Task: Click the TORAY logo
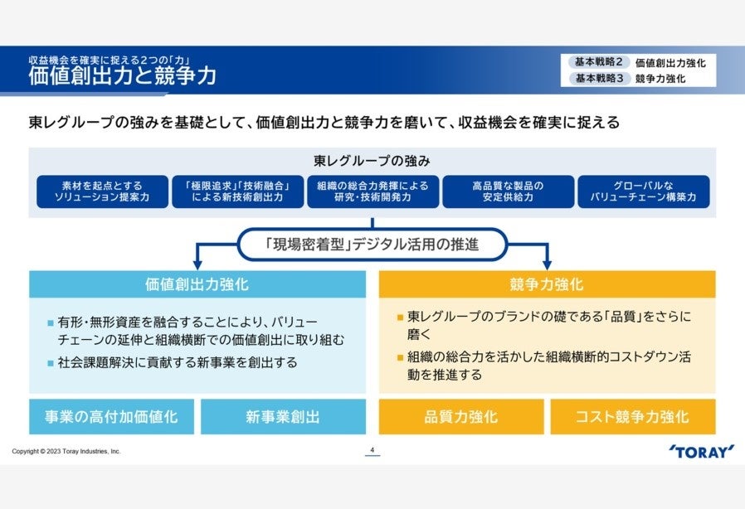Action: (701, 451)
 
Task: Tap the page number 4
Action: (372, 450)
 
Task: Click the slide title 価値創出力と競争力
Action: (122, 77)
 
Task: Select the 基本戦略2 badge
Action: (597, 62)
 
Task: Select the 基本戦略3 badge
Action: (597, 79)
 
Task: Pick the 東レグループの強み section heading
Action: (372, 160)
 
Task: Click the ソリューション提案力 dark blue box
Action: (102, 191)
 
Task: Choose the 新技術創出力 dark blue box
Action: (236, 191)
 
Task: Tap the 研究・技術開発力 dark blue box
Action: (372, 191)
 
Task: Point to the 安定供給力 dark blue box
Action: (508, 191)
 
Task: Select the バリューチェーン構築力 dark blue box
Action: (643, 191)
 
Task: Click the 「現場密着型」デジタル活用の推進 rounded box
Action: (372, 245)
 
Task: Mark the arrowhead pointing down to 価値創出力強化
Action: (197, 261)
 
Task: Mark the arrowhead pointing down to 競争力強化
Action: (547, 261)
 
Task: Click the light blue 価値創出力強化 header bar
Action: (197, 284)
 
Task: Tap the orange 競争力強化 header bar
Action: (547, 284)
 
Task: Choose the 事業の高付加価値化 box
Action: (112, 416)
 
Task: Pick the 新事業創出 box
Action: (283, 416)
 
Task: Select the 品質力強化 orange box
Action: (461, 416)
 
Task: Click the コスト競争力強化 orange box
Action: (632, 416)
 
